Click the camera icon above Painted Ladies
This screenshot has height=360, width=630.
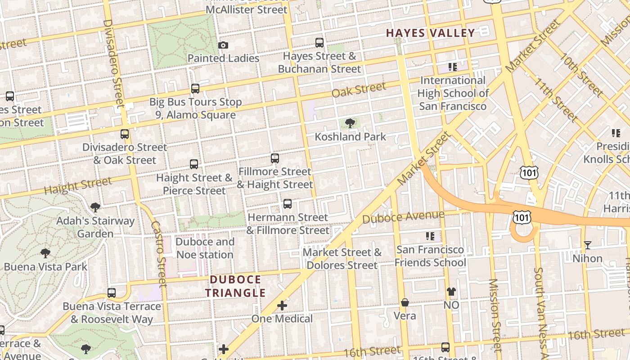click(x=223, y=45)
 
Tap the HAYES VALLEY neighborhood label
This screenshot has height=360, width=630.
click(x=430, y=33)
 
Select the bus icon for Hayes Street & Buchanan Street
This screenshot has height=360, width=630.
click(x=319, y=43)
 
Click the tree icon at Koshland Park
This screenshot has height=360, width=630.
click(x=350, y=123)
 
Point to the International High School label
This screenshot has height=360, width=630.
click(x=453, y=93)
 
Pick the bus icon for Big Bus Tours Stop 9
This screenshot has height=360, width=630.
click(x=195, y=89)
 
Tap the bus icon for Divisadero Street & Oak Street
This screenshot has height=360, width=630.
click(x=124, y=134)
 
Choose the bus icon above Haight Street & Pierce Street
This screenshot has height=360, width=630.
click(x=194, y=164)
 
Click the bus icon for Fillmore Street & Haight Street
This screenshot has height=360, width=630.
click(x=274, y=158)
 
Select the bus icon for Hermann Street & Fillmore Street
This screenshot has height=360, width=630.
click(x=288, y=204)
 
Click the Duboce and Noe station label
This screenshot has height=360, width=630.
click(x=205, y=248)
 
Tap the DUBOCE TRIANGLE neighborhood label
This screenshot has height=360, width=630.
click(x=235, y=286)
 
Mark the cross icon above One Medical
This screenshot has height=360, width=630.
click(x=282, y=306)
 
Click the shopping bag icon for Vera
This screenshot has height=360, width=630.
click(x=405, y=302)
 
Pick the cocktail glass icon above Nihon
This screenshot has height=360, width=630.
click(x=587, y=245)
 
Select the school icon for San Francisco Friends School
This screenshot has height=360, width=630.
click(x=430, y=236)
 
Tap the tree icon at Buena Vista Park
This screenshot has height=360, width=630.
click(x=45, y=253)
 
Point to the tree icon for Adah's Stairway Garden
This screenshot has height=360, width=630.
click(x=95, y=207)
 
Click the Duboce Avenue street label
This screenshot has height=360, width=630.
click(x=403, y=217)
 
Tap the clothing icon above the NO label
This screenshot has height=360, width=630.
click(x=451, y=292)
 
